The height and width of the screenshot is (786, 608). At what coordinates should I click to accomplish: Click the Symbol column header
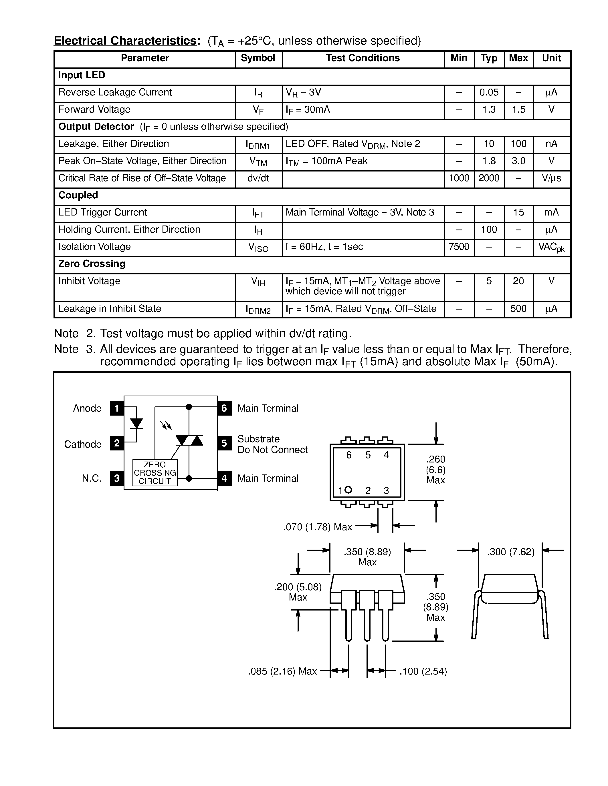(258, 58)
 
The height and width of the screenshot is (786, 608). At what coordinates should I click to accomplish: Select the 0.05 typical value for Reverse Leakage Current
(489, 93)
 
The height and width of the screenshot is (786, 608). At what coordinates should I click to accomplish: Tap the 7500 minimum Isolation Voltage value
(459, 247)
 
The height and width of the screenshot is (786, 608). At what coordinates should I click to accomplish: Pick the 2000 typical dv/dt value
(489, 178)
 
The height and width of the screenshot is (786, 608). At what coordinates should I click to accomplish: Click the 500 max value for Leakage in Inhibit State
(518, 309)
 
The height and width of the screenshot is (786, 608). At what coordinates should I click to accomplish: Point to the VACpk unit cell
(551, 248)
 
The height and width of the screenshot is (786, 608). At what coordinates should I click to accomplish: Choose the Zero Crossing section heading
(92, 264)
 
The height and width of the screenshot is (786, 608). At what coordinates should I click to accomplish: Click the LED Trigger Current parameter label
(103, 212)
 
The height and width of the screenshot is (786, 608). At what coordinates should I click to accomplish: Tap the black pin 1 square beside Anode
(117, 408)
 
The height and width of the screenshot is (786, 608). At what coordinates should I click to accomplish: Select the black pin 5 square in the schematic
(224, 443)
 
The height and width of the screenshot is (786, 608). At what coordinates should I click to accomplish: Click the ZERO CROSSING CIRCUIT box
(155, 473)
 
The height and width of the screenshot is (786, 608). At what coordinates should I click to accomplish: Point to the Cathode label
(83, 444)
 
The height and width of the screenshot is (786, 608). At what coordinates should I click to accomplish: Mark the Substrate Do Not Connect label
(272, 444)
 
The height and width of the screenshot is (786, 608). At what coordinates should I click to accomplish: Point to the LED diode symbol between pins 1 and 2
(136, 424)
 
